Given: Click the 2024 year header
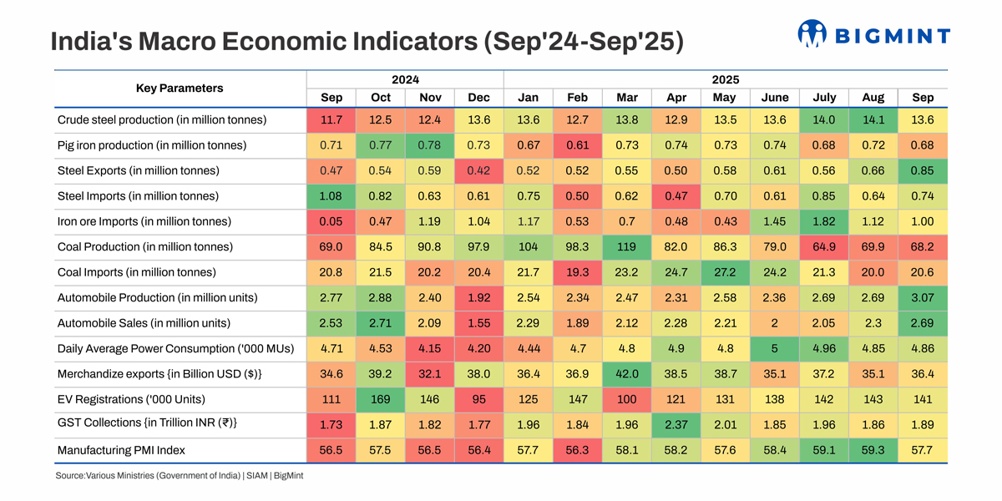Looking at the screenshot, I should pos(405,80).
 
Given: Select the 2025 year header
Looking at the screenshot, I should pos(725,80).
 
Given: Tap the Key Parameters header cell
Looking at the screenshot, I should pos(180,89).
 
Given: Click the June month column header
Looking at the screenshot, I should pos(774,98).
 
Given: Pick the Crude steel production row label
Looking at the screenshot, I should pos(162,119).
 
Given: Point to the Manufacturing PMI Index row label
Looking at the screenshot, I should pos(121,450).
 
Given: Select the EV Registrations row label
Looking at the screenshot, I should pos(131,399).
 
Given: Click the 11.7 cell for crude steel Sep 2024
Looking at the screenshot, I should pos(331,119).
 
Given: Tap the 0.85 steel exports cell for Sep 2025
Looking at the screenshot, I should pos(923,170).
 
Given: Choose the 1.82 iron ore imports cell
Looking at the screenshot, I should pos(823,221).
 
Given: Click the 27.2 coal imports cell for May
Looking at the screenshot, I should pos(725,272).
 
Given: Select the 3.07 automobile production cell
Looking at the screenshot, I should pos(923,298).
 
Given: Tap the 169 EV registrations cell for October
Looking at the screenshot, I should pos(381,399).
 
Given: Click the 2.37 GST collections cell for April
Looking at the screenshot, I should pos(676,424).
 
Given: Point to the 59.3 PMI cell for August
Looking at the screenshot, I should pos(873,450).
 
